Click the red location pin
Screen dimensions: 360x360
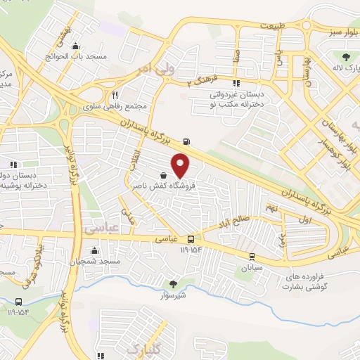[x=181, y=165]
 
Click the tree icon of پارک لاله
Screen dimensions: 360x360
[x=345, y=58]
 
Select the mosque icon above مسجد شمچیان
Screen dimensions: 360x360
[x=94, y=250]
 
